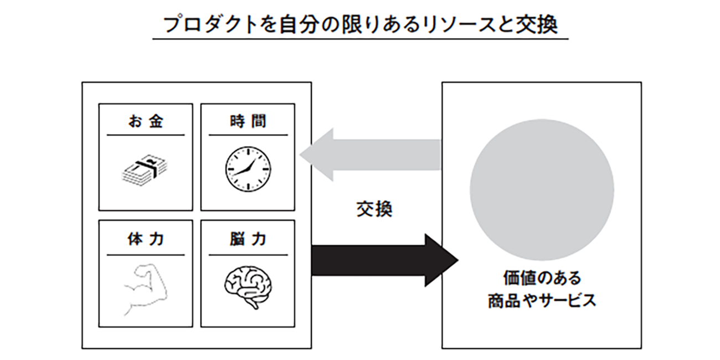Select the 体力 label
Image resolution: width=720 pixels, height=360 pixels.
[x=146, y=239]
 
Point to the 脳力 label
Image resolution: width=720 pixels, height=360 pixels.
[x=248, y=239]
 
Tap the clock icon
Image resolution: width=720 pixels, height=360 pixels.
[x=248, y=167]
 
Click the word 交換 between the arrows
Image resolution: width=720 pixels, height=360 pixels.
[x=374, y=209]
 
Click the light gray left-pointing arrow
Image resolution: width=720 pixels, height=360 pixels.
[x=371, y=155]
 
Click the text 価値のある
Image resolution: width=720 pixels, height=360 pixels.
[x=542, y=278]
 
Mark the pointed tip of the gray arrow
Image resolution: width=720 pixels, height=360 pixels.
[x=301, y=155]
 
